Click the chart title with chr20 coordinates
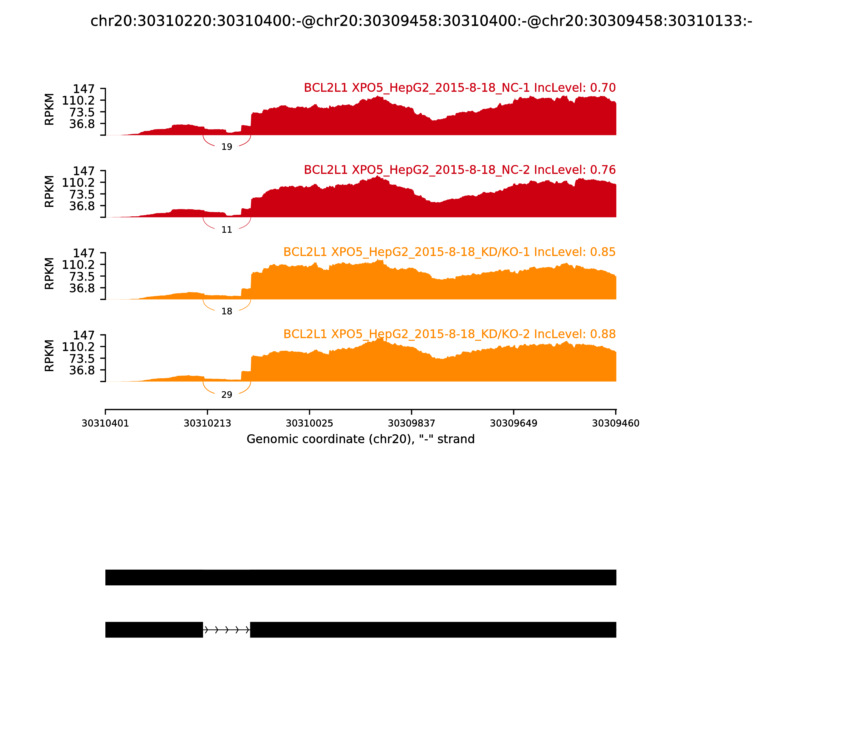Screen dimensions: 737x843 (x=421, y=21)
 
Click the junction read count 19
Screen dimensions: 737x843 (x=227, y=147)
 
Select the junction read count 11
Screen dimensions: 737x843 (x=227, y=230)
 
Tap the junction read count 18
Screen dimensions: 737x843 (x=227, y=311)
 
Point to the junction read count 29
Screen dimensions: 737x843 (x=227, y=395)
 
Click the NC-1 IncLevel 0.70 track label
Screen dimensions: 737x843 (x=459, y=88)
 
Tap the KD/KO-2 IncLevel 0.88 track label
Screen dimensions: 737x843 (x=449, y=334)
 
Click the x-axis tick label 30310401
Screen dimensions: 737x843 (x=105, y=423)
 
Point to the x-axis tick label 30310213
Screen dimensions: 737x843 (x=208, y=423)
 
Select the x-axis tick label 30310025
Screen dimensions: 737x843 (x=310, y=423)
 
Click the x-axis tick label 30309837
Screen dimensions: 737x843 (x=411, y=423)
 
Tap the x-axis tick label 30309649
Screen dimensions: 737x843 (x=514, y=423)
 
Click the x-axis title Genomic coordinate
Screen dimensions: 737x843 (x=361, y=439)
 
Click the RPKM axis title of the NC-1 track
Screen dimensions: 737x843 (x=49, y=109)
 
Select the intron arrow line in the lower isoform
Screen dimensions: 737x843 (x=226, y=630)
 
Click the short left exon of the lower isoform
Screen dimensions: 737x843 (x=154, y=630)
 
